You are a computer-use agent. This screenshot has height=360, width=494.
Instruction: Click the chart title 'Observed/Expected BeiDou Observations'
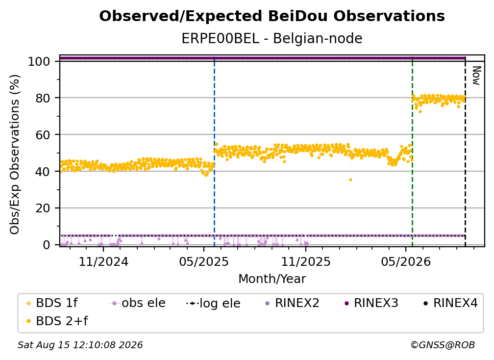point(272,16)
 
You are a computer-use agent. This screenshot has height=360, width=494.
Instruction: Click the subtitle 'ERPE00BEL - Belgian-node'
point(272,38)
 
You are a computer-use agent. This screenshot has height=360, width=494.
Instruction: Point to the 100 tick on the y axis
point(39,61)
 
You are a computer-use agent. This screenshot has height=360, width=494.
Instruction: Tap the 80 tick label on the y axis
point(43,98)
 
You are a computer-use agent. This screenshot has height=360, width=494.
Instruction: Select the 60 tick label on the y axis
point(43,134)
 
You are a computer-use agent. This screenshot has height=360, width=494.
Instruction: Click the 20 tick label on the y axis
point(43,208)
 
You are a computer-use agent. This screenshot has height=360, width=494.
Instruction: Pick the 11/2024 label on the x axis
point(103,261)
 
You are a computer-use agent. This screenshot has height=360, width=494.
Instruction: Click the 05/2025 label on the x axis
point(204,261)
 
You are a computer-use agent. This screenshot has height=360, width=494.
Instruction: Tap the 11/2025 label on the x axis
point(306,261)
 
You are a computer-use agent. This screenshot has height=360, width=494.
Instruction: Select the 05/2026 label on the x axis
point(406,261)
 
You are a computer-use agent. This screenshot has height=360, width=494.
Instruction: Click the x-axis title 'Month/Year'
point(272,279)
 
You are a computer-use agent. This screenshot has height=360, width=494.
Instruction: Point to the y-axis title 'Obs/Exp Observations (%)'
point(15,154)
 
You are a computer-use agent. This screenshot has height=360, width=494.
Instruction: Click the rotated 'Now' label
point(476,76)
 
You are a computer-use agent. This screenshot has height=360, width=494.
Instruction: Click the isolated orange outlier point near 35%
point(351,180)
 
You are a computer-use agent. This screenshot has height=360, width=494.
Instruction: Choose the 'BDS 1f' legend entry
point(52,303)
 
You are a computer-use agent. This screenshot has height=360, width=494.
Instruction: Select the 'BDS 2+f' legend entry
point(57,321)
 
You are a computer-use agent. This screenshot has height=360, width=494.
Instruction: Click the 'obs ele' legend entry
point(137,303)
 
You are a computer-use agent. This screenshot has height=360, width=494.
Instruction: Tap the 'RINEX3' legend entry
point(371,303)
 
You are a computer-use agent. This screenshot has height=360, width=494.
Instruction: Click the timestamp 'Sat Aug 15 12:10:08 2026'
point(80,345)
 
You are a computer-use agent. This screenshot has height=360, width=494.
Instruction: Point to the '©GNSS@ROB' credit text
point(443,345)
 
